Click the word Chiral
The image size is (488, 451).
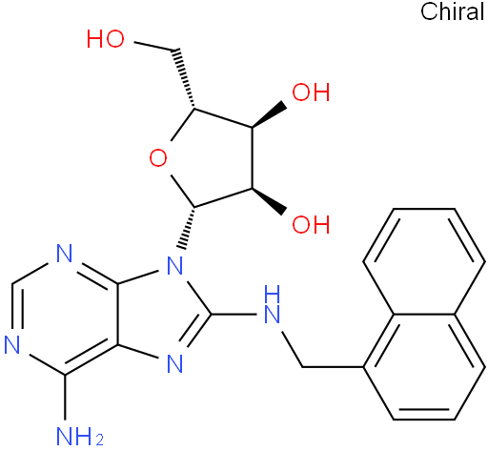coord(453,11)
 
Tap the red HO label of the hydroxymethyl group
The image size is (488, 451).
coord(106,39)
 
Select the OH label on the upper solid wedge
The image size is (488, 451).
coord(311,92)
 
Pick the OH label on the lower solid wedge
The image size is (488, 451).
coord(311,224)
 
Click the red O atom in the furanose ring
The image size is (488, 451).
coord(158,158)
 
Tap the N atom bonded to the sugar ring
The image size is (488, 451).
coord(175,266)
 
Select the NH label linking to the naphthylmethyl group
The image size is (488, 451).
coord(273,304)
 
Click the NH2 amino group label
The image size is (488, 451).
coord(80,436)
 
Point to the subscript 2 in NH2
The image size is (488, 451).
coord(99,441)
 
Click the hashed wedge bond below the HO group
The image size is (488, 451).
coord(185,78)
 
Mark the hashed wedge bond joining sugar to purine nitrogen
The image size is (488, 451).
coord(188,228)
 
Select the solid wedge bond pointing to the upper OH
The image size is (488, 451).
coord(270,115)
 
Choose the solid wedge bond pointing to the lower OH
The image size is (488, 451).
coord(270,201)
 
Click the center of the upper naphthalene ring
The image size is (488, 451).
coord(424,261)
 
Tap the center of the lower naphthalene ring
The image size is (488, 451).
coord(424,367)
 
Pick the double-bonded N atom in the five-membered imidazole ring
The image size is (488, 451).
coord(175,364)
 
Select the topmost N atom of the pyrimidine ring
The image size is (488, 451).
coord(65,253)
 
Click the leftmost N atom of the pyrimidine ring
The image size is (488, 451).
coord(12,344)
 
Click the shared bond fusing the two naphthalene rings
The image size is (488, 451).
coord(424,315)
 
